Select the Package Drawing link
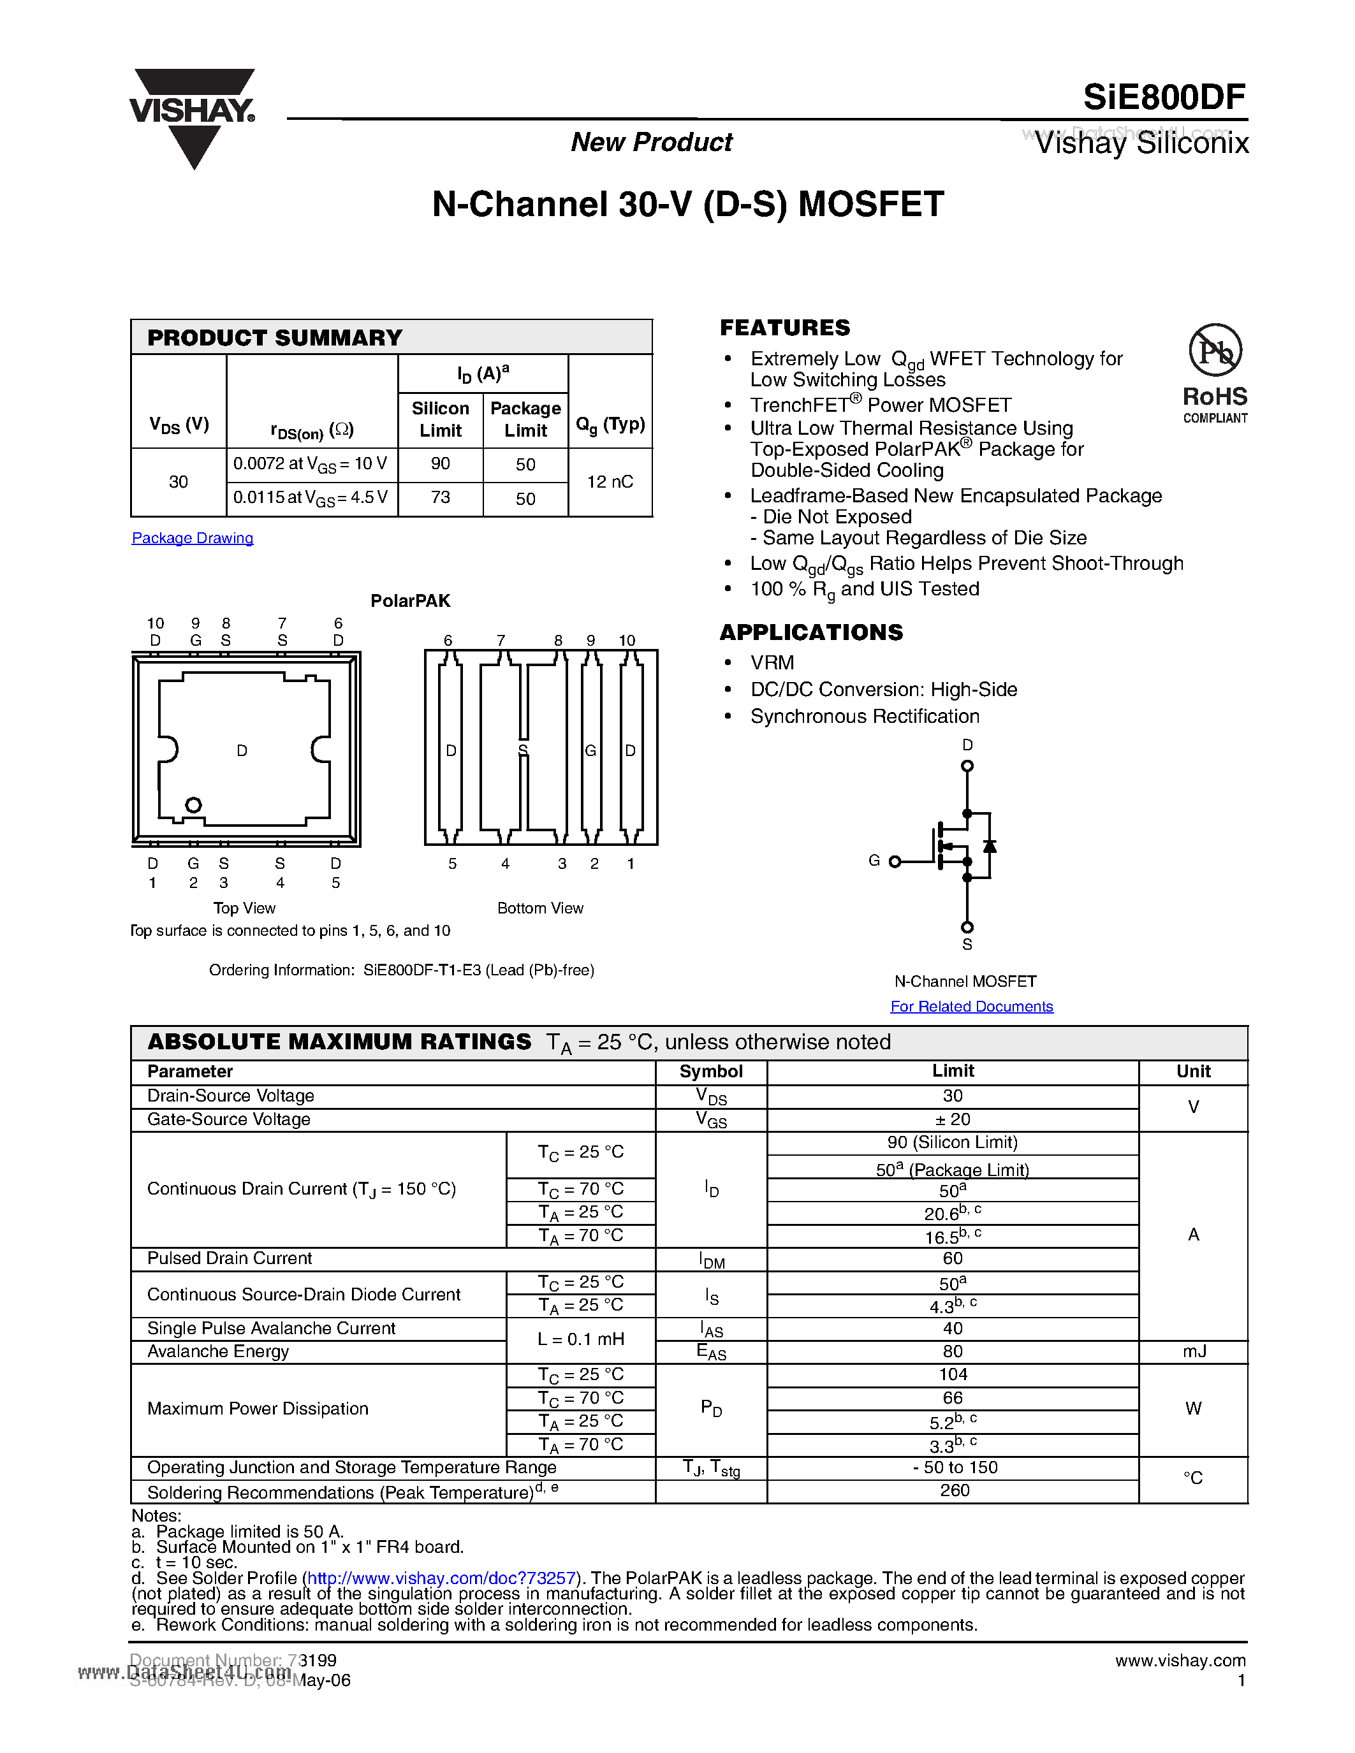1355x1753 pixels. coord(193,538)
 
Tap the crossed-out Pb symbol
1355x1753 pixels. coord(1215,350)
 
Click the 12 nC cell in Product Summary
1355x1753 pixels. coord(610,481)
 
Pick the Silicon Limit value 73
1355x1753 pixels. coord(440,498)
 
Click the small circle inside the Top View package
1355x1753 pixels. coord(193,804)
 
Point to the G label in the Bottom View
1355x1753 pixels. coord(590,750)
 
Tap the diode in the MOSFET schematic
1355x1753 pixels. coord(990,846)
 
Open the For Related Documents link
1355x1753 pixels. coord(971,1006)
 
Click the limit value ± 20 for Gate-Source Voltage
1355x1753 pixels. coord(952,1119)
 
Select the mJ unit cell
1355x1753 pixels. coord(1194,1351)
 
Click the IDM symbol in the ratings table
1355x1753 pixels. coord(711,1260)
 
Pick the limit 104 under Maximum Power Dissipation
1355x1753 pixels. coord(952,1374)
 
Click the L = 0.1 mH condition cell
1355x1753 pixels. coord(580,1339)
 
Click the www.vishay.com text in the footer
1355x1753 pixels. coord(1180,1660)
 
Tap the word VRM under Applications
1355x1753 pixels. coord(772,662)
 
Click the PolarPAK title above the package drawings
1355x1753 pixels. coord(410,600)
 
